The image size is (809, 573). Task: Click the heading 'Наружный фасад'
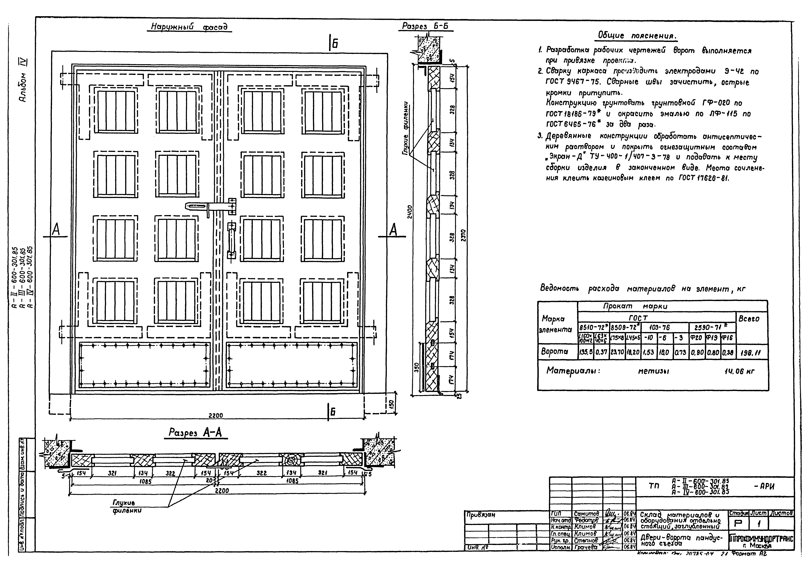[x=189, y=27]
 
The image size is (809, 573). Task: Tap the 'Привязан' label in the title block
[x=480, y=515]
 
